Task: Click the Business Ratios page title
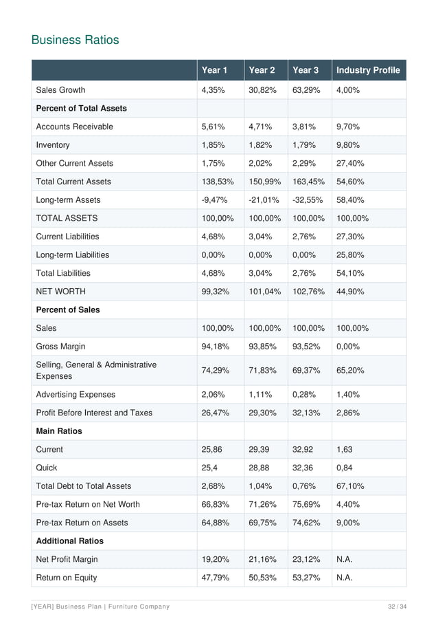coord(76,40)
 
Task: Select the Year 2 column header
coord(262,70)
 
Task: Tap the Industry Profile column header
coord(367,70)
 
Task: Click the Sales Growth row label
coord(60,90)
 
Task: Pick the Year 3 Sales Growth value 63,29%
coord(307,90)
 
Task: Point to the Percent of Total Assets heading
coord(81,109)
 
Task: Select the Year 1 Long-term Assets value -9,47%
coord(215,200)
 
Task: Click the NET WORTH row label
coord(60,292)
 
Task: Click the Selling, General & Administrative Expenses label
coord(96,371)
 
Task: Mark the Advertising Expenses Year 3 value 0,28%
coord(305,395)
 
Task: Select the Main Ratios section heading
coord(58,431)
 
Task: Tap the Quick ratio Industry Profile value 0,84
coord(345,468)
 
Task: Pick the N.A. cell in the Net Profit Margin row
coord(345,559)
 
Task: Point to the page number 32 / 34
coord(396,606)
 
